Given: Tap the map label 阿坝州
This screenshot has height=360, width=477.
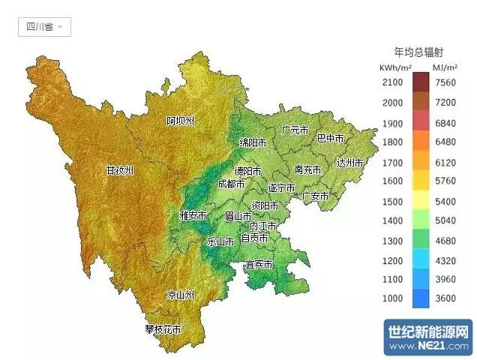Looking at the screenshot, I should pyautogui.click(x=181, y=121).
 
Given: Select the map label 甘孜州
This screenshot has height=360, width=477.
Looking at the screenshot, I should pyautogui.click(x=120, y=170).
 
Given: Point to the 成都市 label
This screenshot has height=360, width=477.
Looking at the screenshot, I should pyautogui.click(x=231, y=184).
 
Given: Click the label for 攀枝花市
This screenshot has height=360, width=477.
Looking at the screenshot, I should pyautogui.click(x=163, y=328).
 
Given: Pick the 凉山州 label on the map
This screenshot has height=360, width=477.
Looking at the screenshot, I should pyautogui.click(x=180, y=295).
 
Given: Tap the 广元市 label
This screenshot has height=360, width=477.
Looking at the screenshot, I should pyautogui.click(x=295, y=130).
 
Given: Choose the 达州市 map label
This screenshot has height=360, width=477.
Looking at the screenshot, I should pyautogui.click(x=349, y=163).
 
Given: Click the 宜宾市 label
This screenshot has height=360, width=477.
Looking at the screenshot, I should pyautogui.click(x=259, y=265).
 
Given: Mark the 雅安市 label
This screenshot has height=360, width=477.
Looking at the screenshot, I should pyautogui.click(x=193, y=215).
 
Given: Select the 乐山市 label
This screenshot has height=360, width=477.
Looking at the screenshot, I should pyautogui.click(x=221, y=241).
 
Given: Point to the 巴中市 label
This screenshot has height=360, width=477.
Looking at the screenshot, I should pyautogui.click(x=330, y=139).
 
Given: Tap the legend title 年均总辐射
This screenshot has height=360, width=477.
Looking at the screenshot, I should pyautogui.click(x=418, y=52).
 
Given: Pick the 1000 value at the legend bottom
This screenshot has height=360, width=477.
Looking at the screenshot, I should pyautogui.click(x=392, y=298).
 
